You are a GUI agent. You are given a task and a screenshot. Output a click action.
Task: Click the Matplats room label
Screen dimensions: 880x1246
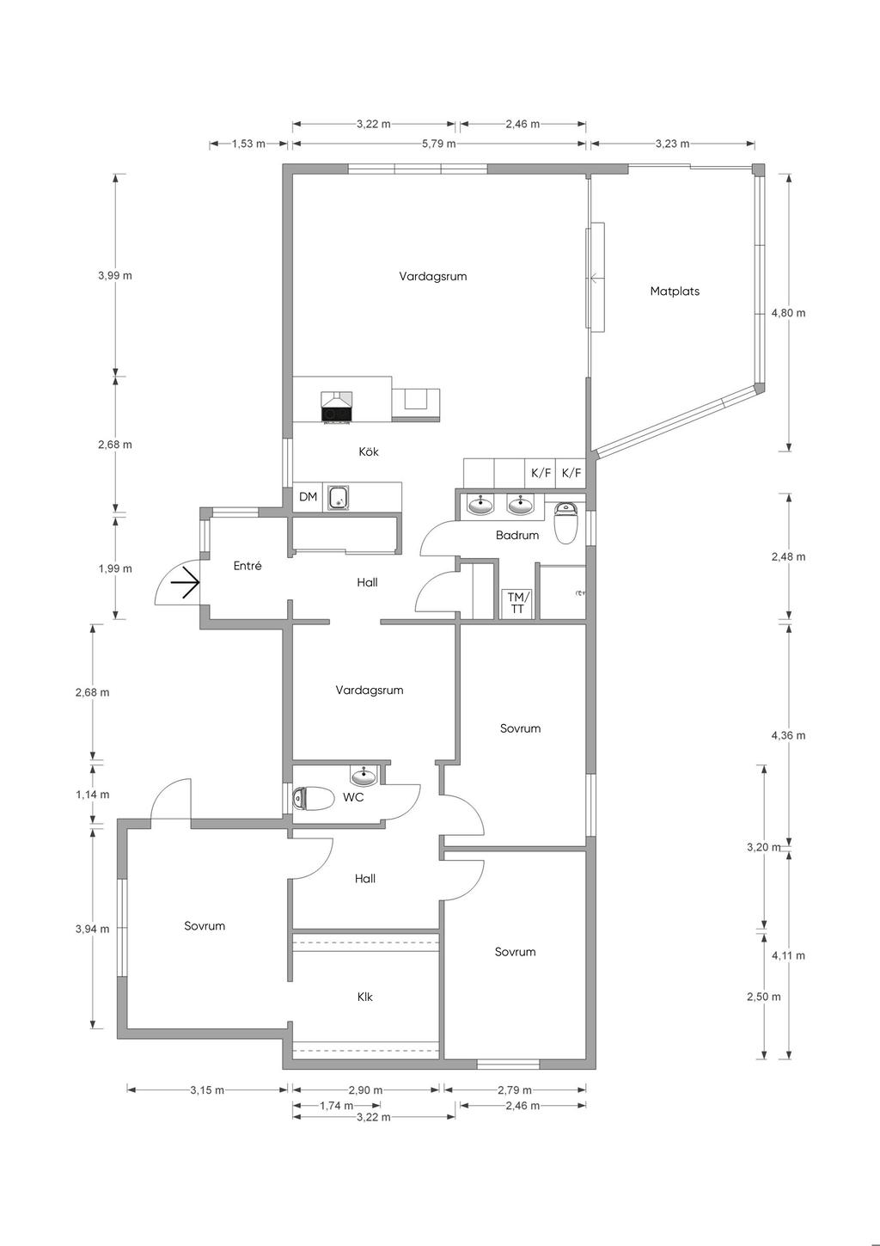click(x=675, y=291)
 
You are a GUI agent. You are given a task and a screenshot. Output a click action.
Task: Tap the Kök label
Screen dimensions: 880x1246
click(x=369, y=451)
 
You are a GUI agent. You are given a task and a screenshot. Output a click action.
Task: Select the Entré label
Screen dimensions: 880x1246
click(x=247, y=566)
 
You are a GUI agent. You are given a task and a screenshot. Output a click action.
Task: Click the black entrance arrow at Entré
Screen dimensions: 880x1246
click(x=185, y=582)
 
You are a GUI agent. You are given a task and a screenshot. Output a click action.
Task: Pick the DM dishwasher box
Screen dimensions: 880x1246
click(x=308, y=497)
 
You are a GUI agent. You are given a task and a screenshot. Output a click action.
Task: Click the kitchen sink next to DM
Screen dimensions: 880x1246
click(x=338, y=497)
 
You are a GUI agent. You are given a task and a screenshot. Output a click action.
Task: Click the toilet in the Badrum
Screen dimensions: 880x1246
click(x=567, y=522)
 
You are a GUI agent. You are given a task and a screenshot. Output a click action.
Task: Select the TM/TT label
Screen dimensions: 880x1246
click(x=517, y=603)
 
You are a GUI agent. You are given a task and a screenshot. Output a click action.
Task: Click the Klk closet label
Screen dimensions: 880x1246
click(x=364, y=997)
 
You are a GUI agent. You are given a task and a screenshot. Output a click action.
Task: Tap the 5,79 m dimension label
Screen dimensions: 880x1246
click(x=439, y=144)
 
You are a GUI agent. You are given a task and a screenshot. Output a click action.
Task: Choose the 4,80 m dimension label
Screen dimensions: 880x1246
click(x=788, y=313)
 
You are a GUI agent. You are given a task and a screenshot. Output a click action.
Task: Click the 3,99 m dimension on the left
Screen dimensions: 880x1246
click(x=115, y=275)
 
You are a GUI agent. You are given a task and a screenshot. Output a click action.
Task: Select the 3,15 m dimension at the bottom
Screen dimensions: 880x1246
click(x=207, y=1089)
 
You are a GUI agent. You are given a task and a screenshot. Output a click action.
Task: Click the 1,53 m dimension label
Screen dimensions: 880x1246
click(x=249, y=144)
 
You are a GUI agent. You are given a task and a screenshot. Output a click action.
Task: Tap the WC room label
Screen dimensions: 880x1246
click(x=353, y=798)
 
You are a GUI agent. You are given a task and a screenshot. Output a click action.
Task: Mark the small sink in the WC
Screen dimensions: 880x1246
click(x=364, y=774)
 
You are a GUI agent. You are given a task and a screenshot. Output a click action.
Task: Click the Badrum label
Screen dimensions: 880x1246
click(x=517, y=535)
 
